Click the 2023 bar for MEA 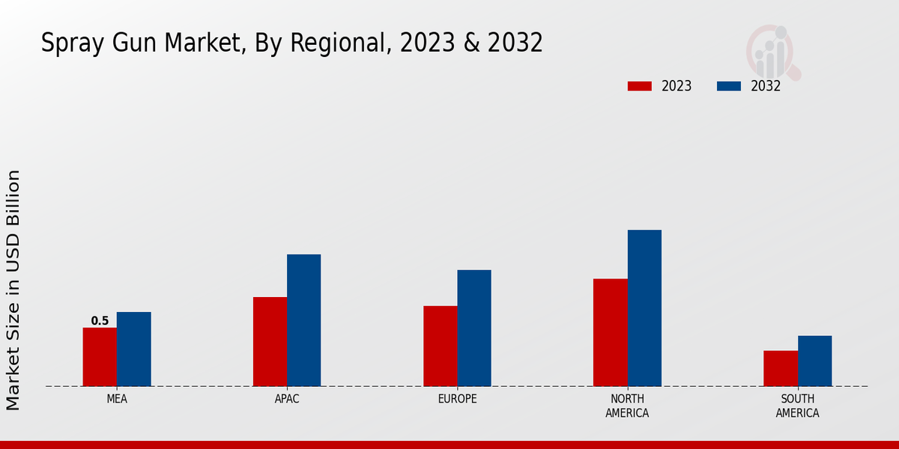[x=100, y=357]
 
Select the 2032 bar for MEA [x=133, y=349]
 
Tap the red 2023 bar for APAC [x=270, y=341]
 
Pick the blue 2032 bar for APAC [x=303, y=320]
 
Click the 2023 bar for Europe [x=440, y=346]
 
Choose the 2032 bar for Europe [x=474, y=328]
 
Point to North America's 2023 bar [x=610, y=332]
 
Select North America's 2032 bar [x=644, y=308]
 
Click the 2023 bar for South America [x=781, y=368]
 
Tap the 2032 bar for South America [x=814, y=361]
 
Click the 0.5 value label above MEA [x=100, y=321]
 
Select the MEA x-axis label [x=117, y=400]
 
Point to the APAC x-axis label [x=287, y=400]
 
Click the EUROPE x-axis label [x=457, y=400]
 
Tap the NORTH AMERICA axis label [x=627, y=406]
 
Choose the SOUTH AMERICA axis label [x=797, y=406]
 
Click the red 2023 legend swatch [x=639, y=86]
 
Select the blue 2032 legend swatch [x=728, y=86]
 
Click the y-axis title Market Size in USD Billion [x=13, y=290]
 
